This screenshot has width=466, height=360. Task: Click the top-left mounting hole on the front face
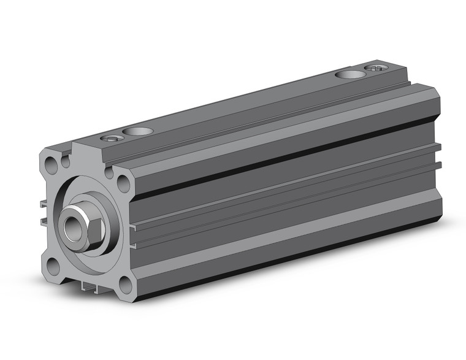click(x=50, y=163)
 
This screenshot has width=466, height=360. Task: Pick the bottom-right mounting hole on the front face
click(x=124, y=284)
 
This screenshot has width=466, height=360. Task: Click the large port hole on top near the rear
click(x=349, y=75)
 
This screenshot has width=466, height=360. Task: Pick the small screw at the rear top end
click(x=375, y=67)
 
